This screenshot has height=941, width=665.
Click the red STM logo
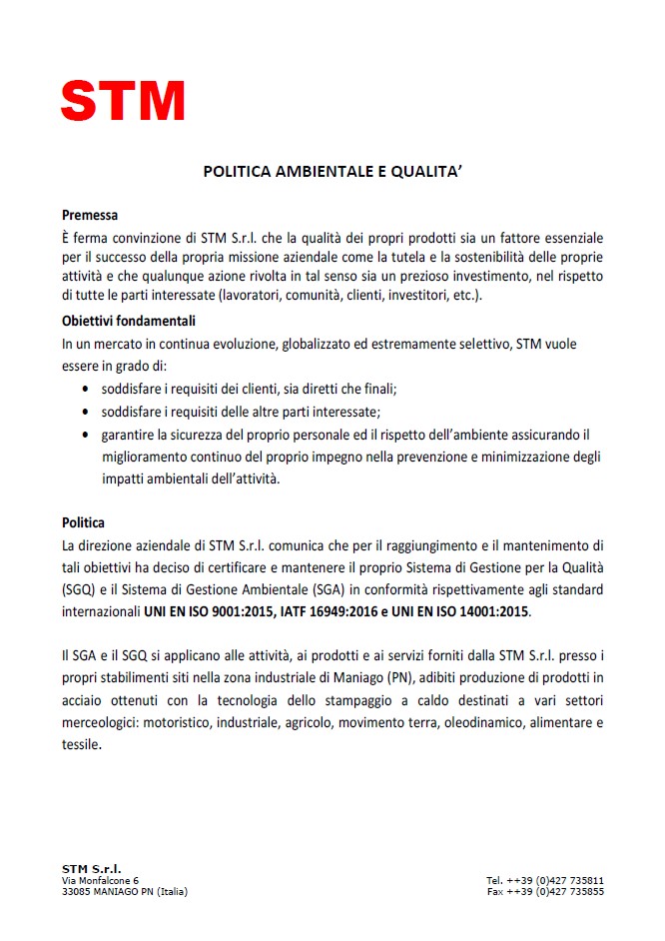point(122,101)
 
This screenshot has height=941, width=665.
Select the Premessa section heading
point(90,215)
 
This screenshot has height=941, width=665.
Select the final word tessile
point(81,745)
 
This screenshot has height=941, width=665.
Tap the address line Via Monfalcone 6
point(100,880)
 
